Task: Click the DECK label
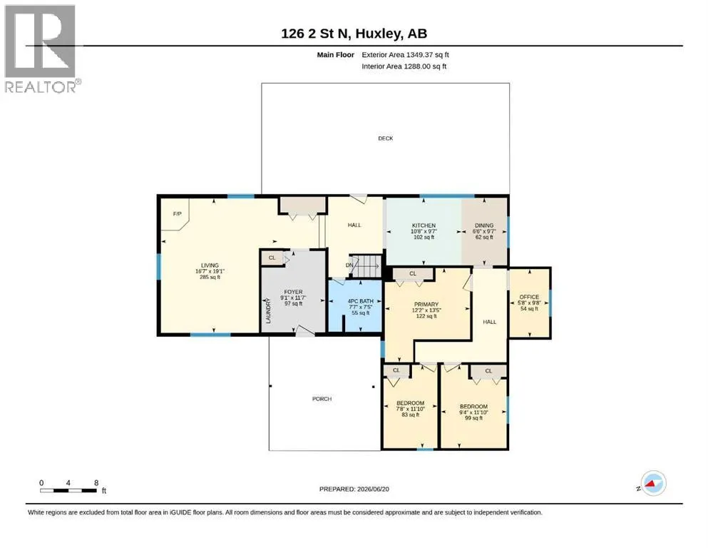click(x=385, y=138)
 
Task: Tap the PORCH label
click(x=322, y=399)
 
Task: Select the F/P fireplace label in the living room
click(x=178, y=213)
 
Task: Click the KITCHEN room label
click(x=424, y=225)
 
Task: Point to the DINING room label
click(x=484, y=225)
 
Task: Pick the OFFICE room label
click(x=529, y=297)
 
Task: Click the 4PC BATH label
click(x=360, y=301)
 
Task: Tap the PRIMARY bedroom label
click(x=426, y=305)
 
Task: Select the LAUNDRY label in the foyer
click(x=268, y=311)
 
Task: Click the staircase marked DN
click(x=366, y=266)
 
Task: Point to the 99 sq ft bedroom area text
click(x=473, y=418)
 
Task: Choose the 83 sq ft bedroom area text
click(x=411, y=415)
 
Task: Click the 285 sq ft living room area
click(x=210, y=277)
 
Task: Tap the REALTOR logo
click(x=41, y=49)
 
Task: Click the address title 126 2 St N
click(x=316, y=34)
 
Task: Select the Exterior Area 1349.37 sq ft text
click(x=405, y=55)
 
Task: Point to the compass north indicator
click(x=652, y=483)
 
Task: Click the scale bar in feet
click(x=68, y=490)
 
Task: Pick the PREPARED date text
click(x=354, y=489)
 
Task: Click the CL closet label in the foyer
click(x=272, y=258)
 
